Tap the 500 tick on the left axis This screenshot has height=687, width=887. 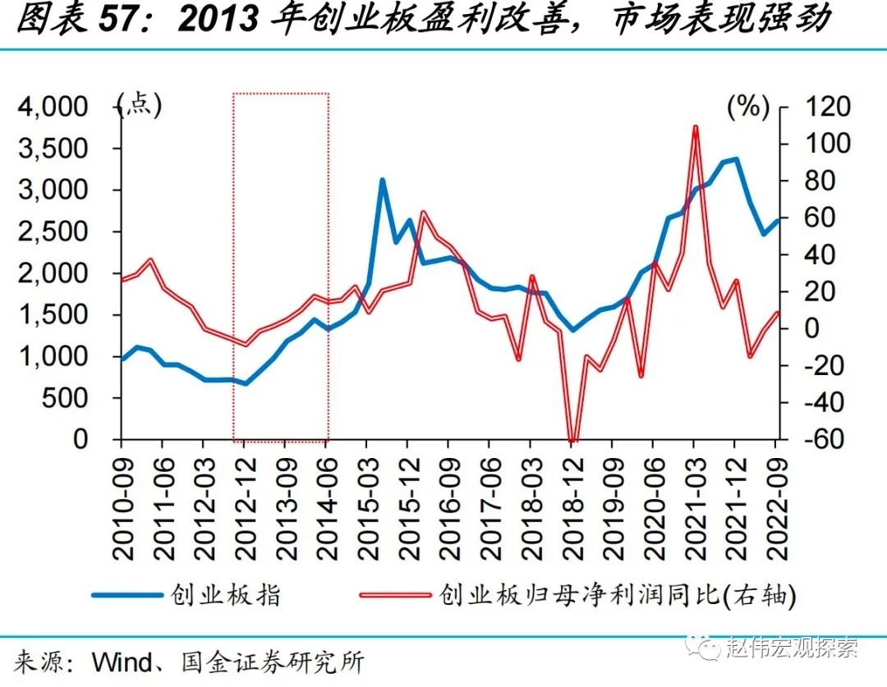(80, 398)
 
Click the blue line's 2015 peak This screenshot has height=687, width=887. (382, 180)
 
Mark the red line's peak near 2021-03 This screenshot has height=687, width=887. (695, 127)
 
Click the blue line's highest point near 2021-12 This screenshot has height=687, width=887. (735, 159)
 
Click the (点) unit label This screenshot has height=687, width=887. (140, 104)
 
